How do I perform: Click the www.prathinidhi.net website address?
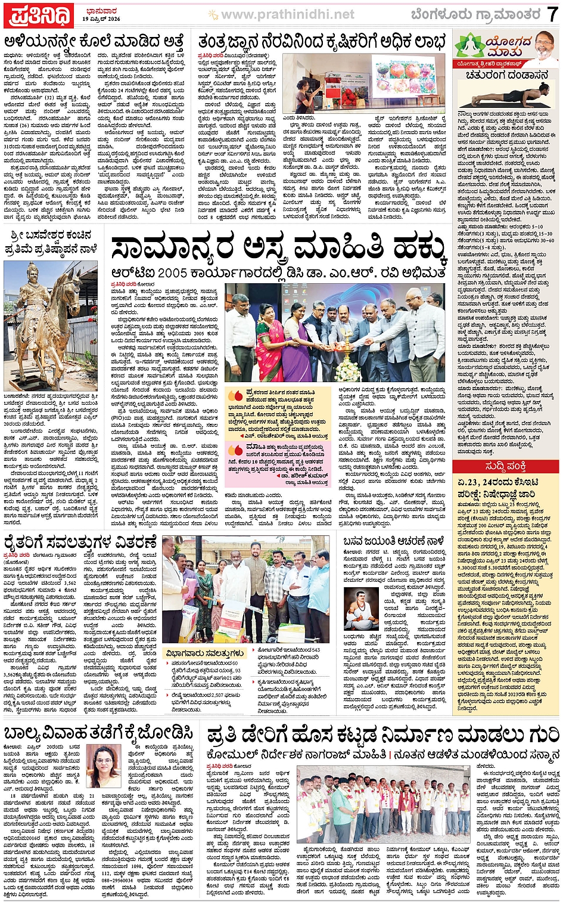click(x=287, y=14)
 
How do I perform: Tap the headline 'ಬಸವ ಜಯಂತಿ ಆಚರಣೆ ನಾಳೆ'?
click(x=394, y=542)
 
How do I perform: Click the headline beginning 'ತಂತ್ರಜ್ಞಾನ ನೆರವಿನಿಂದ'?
click(x=322, y=42)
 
